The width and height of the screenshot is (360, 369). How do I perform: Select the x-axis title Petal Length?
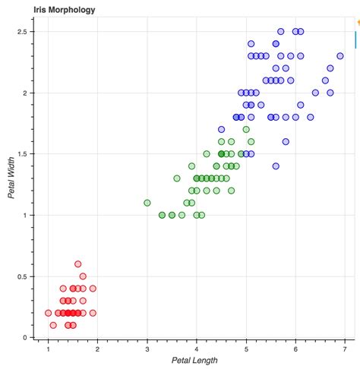point(196,359)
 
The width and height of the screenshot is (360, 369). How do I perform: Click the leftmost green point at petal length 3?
point(147,203)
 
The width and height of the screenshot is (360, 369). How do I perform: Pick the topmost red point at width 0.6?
point(77,264)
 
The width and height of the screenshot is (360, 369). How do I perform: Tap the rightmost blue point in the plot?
point(340,56)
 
